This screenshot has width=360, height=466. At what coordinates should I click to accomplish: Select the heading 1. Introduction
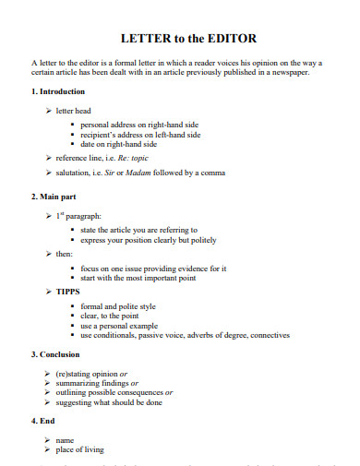(x=58, y=91)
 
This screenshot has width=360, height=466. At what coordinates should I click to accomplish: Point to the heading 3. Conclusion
(x=57, y=354)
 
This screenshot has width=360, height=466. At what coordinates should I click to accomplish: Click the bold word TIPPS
(x=68, y=292)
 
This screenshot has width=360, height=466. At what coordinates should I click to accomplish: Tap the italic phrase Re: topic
(x=135, y=158)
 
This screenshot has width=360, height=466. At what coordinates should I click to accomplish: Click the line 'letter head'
(x=73, y=110)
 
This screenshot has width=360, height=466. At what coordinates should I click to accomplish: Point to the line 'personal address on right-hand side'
(x=139, y=124)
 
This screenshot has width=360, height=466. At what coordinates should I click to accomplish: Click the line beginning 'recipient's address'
(x=138, y=134)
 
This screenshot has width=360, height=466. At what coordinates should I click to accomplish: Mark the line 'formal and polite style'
(x=118, y=305)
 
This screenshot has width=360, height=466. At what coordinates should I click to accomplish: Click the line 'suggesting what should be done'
(x=110, y=402)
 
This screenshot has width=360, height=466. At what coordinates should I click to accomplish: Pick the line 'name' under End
(x=66, y=440)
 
